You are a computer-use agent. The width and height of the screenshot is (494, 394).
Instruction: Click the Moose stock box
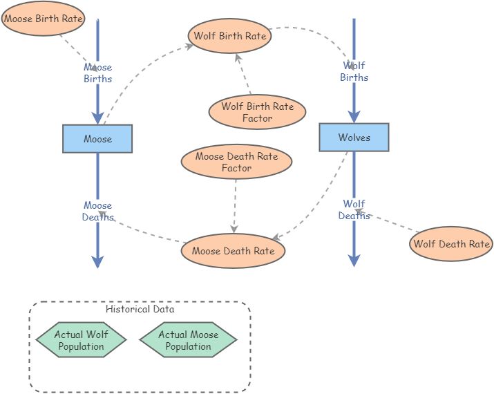click(97, 139)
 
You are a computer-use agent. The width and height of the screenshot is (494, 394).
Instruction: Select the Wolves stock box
click(354, 138)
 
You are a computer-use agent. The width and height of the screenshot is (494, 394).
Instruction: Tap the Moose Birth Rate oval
click(43, 19)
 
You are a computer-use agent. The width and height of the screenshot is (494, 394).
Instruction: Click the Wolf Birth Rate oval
click(229, 36)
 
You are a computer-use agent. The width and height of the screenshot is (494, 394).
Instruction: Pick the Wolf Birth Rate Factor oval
click(257, 112)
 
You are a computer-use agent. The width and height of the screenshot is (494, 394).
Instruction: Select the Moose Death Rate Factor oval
click(236, 162)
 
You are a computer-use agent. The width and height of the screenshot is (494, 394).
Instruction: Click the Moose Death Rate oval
click(233, 251)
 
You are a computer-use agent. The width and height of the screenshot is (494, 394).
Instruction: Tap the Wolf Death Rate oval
click(451, 243)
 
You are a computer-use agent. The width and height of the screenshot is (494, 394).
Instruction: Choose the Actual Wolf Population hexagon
click(81, 340)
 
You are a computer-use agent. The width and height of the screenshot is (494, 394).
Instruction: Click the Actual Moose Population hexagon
click(188, 340)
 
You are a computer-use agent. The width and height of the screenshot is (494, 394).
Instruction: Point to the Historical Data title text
click(140, 310)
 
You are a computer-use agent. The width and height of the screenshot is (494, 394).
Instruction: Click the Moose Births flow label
click(97, 73)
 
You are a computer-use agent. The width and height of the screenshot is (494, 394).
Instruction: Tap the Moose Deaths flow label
click(97, 211)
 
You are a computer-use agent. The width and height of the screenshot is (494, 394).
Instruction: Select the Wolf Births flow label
click(354, 71)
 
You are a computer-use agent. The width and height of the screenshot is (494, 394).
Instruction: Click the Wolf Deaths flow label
click(354, 209)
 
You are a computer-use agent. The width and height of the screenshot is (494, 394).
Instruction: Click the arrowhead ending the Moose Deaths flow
click(97, 261)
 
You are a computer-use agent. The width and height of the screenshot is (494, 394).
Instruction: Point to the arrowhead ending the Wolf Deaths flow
click(354, 260)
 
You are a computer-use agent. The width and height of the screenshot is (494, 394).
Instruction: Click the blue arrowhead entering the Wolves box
click(354, 116)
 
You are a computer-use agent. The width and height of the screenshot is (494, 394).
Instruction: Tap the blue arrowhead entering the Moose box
click(97, 118)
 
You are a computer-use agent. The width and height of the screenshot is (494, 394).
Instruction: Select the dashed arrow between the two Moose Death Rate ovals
click(235, 204)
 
